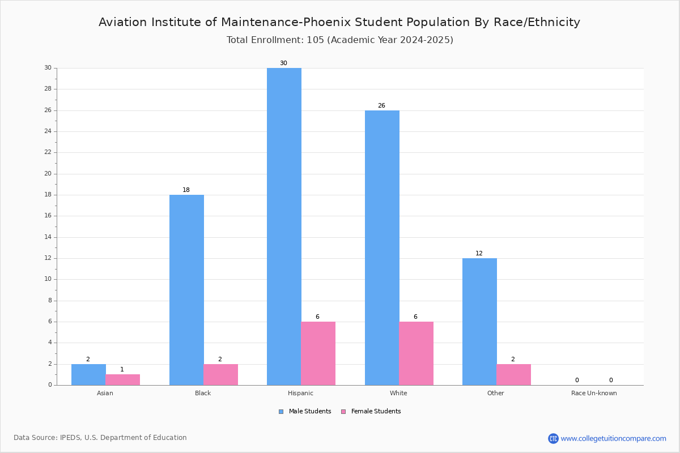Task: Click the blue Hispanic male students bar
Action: (284, 226)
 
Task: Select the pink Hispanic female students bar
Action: (318, 353)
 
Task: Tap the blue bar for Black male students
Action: (186, 290)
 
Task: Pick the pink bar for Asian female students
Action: (122, 380)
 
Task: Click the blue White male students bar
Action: (382, 248)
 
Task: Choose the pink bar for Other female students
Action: (513, 375)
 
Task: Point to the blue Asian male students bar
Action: (88, 375)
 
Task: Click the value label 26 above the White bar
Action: (381, 105)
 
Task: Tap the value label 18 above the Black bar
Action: (186, 190)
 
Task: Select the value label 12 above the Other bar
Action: (479, 253)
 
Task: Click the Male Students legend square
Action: (281, 412)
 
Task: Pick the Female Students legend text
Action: (376, 411)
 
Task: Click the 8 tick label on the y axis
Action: (50, 300)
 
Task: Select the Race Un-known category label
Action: (594, 393)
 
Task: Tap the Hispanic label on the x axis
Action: (300, 393)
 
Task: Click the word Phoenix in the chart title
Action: (328, 22)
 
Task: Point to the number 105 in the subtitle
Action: (316, 40)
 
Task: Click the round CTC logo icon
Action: (553, 438)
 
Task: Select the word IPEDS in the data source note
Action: (70, 438)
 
